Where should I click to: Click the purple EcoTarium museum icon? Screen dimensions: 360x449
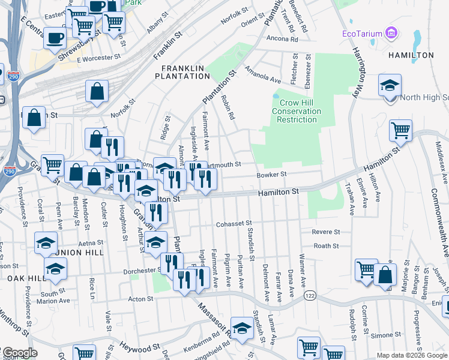pos(393,32)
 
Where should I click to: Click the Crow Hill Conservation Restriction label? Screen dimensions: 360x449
pos(297,111)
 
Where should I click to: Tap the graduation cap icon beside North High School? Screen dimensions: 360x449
pos(390,85)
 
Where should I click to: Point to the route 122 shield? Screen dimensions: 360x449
pos(310,296)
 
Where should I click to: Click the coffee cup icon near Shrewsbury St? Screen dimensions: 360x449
pos(55,38)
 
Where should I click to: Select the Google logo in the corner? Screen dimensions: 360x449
pos(19,352)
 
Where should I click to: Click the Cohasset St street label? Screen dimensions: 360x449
pos(234,224)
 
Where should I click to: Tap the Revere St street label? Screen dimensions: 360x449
pos(326,232)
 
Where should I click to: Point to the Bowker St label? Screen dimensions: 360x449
pos(273,175)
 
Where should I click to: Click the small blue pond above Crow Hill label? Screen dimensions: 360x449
pos(276,95)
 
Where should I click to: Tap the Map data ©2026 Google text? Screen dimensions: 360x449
pos(411,355)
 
